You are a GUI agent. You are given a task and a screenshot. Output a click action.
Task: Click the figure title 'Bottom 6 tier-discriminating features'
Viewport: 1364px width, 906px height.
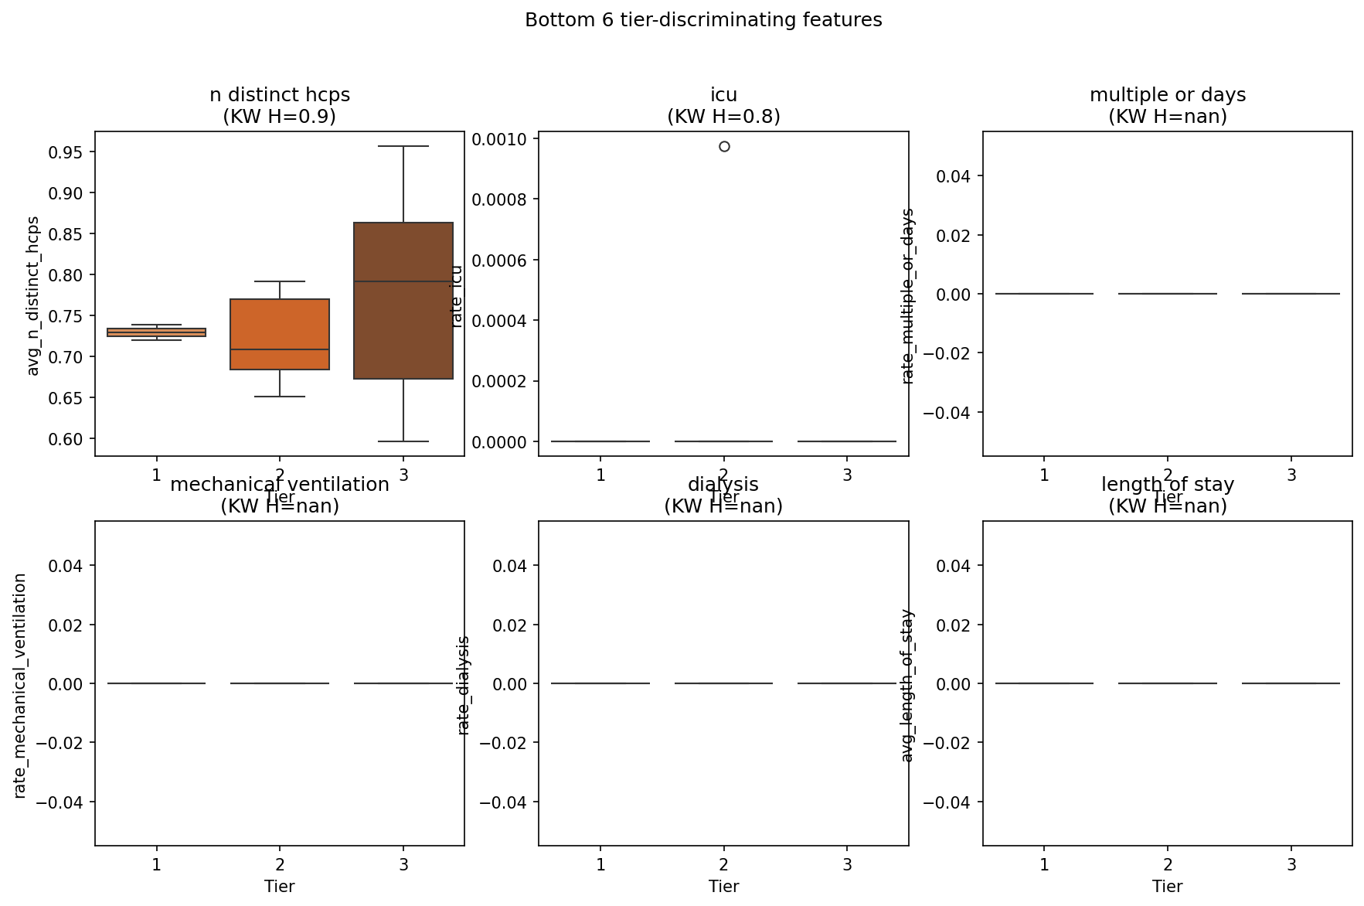tap(703, 20)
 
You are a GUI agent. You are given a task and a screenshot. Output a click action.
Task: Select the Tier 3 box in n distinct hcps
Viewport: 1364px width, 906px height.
tap(403, 301)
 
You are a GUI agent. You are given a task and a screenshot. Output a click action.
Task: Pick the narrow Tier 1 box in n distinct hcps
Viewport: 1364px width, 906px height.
tap(156, 332)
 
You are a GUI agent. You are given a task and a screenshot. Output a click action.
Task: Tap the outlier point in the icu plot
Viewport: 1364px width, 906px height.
tap(724, 146)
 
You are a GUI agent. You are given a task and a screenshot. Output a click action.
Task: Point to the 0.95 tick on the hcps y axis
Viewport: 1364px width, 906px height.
tap(67, 152)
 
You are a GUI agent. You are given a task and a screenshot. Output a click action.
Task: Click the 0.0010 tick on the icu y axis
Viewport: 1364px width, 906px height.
tap(499, 139)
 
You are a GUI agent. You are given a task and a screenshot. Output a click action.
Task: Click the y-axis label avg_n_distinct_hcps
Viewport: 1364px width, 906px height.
tap(33, 296)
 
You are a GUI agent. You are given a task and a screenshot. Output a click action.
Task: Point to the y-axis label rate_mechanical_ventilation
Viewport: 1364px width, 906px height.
tap(21, 686)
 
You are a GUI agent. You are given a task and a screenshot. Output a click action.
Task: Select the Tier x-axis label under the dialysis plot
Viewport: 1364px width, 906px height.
tap(723, 887)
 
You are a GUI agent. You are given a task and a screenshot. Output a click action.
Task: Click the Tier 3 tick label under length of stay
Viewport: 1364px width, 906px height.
tap(1291, 865)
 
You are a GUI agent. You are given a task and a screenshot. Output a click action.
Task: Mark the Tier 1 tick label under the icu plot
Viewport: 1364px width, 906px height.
tap(600, 475)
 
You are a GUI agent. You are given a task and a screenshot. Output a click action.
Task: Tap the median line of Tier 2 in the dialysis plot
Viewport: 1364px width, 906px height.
tap(723, 683)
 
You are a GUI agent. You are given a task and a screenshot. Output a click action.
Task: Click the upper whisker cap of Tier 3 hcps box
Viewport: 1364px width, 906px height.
tap(403, 146)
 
